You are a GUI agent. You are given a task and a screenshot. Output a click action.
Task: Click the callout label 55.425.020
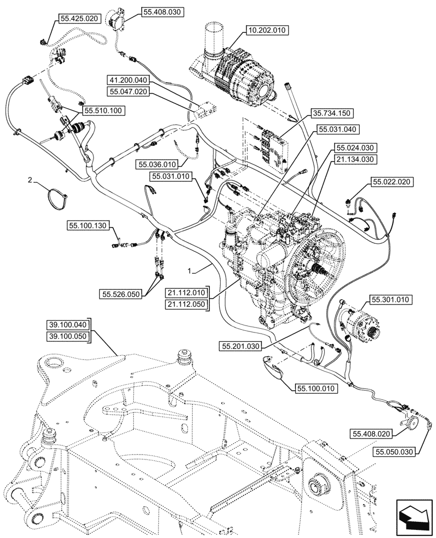(79, 19)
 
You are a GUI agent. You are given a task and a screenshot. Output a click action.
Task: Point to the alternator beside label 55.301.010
(358, 323)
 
